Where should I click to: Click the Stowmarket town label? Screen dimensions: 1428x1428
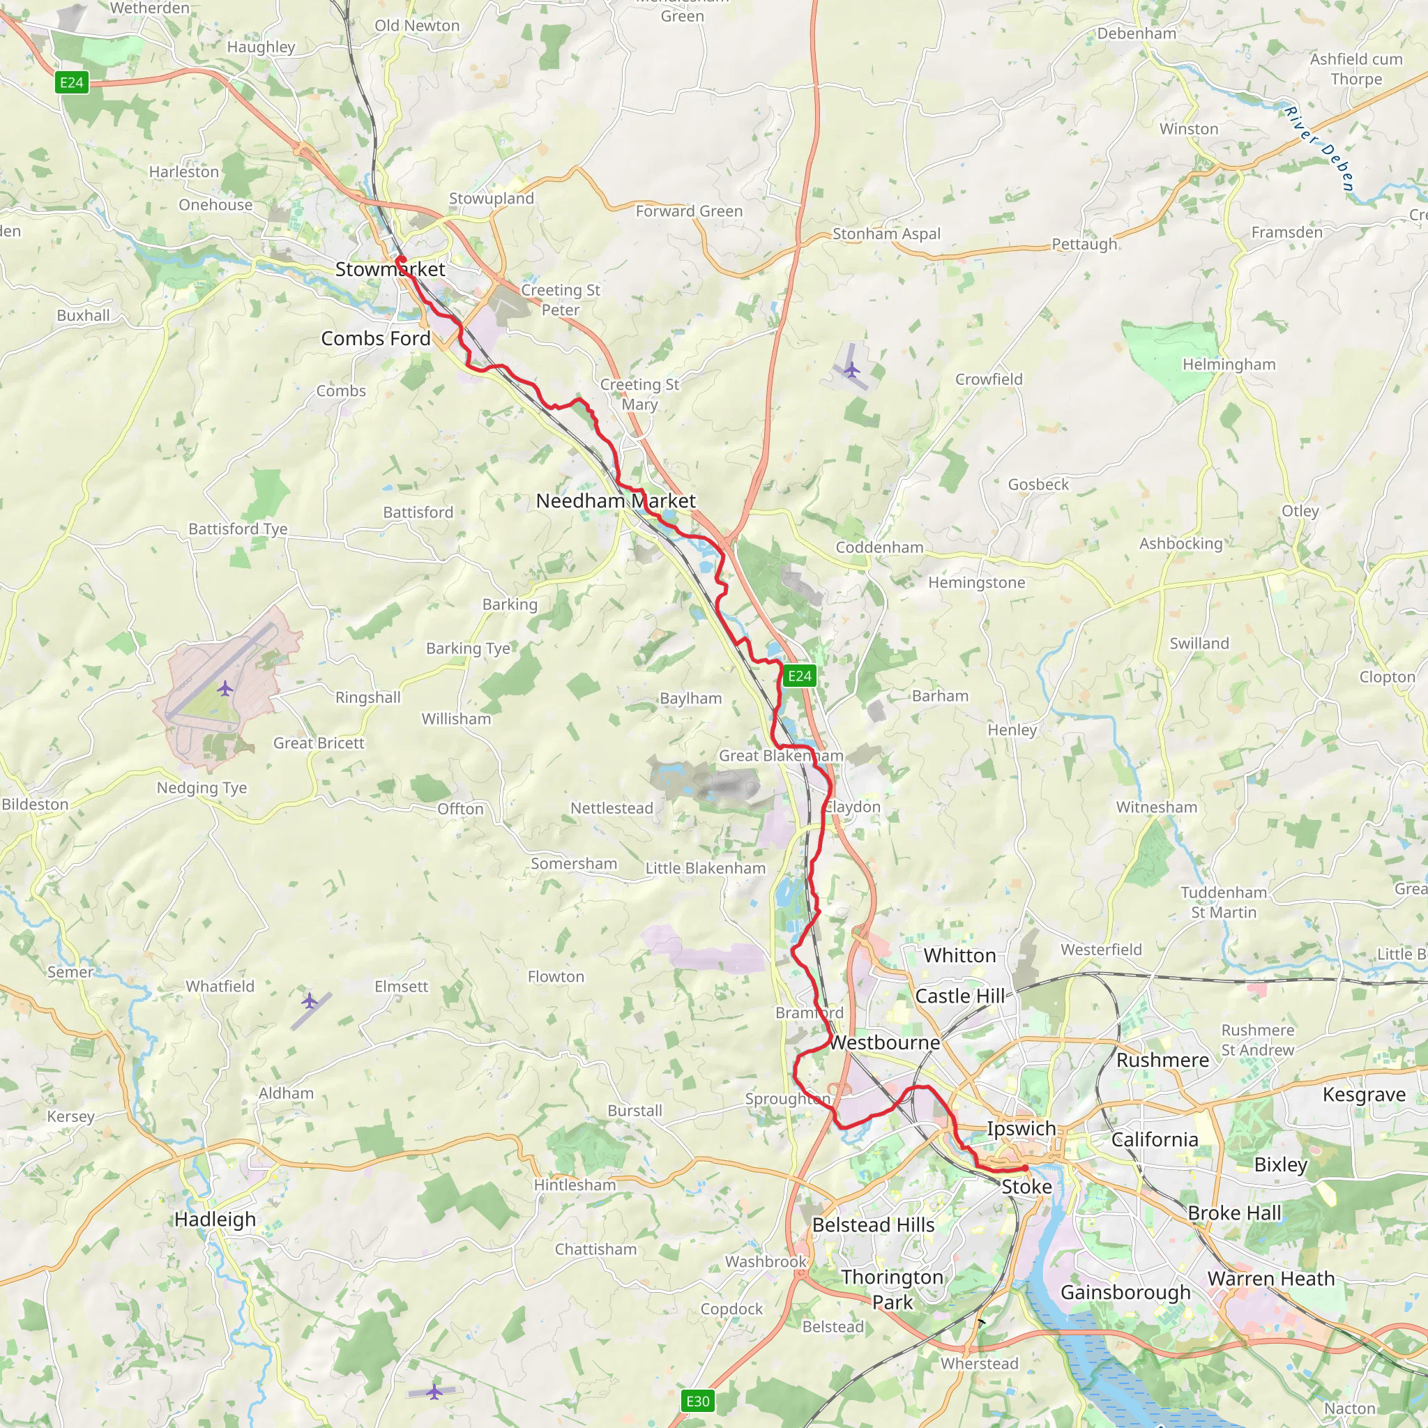pos(390,269)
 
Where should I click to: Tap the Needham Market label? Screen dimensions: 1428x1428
pos(615,501)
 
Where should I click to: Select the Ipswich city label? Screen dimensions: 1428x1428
pos(1021,1128)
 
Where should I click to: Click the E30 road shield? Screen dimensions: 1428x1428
pos(697,1401)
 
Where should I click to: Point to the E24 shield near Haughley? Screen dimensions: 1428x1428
pos(72,82)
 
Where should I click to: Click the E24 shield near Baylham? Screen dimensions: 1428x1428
pos(799,676)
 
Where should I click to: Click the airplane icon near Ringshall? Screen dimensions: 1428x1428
pos(225,689)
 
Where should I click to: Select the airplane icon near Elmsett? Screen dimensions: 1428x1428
pos(310,1001)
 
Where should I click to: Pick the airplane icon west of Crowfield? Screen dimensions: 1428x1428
pos(851,370)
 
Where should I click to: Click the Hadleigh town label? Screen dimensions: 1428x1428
pos(215,1219)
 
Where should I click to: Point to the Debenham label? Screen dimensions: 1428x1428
pos(1136,33)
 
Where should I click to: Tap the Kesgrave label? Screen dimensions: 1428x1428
pos(1364,1094)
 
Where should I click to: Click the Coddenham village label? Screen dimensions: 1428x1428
pos(879,547)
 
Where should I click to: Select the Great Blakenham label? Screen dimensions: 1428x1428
pos(780,755)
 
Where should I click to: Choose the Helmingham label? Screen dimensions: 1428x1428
pos(1229,365)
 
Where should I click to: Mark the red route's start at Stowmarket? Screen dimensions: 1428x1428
pos(400,259)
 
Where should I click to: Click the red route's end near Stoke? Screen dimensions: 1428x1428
pos(1025,1168)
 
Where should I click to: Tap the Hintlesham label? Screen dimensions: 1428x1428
pos(575,1185)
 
